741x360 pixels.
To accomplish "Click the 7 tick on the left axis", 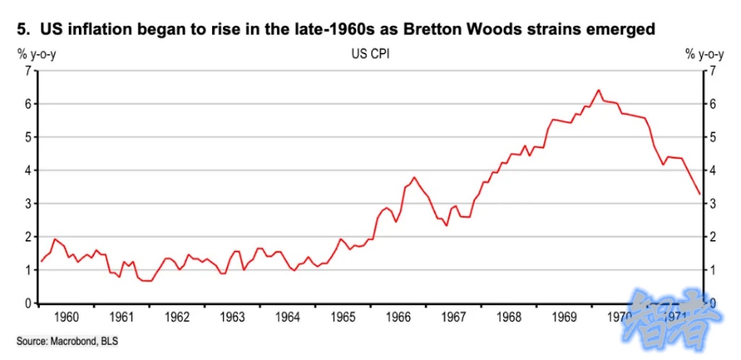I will pos(27,71).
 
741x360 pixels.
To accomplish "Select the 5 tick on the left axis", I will pos(27,137).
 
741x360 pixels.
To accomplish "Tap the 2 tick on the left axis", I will pos(27,237).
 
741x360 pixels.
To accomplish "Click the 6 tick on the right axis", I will pos(714,104).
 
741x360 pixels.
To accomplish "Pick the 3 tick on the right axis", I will pos(714,204).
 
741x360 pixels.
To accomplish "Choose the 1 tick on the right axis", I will pos(714,270).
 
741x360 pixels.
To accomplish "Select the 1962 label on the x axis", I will pos(177,317).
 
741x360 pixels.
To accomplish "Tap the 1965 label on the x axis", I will pos(343,317).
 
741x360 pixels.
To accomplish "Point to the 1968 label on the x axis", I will pos(510,317).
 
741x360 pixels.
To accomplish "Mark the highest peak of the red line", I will pos(598,90).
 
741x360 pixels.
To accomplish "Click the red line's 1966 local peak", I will pos(414,178).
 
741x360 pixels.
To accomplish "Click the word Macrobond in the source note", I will pos(73,341).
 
